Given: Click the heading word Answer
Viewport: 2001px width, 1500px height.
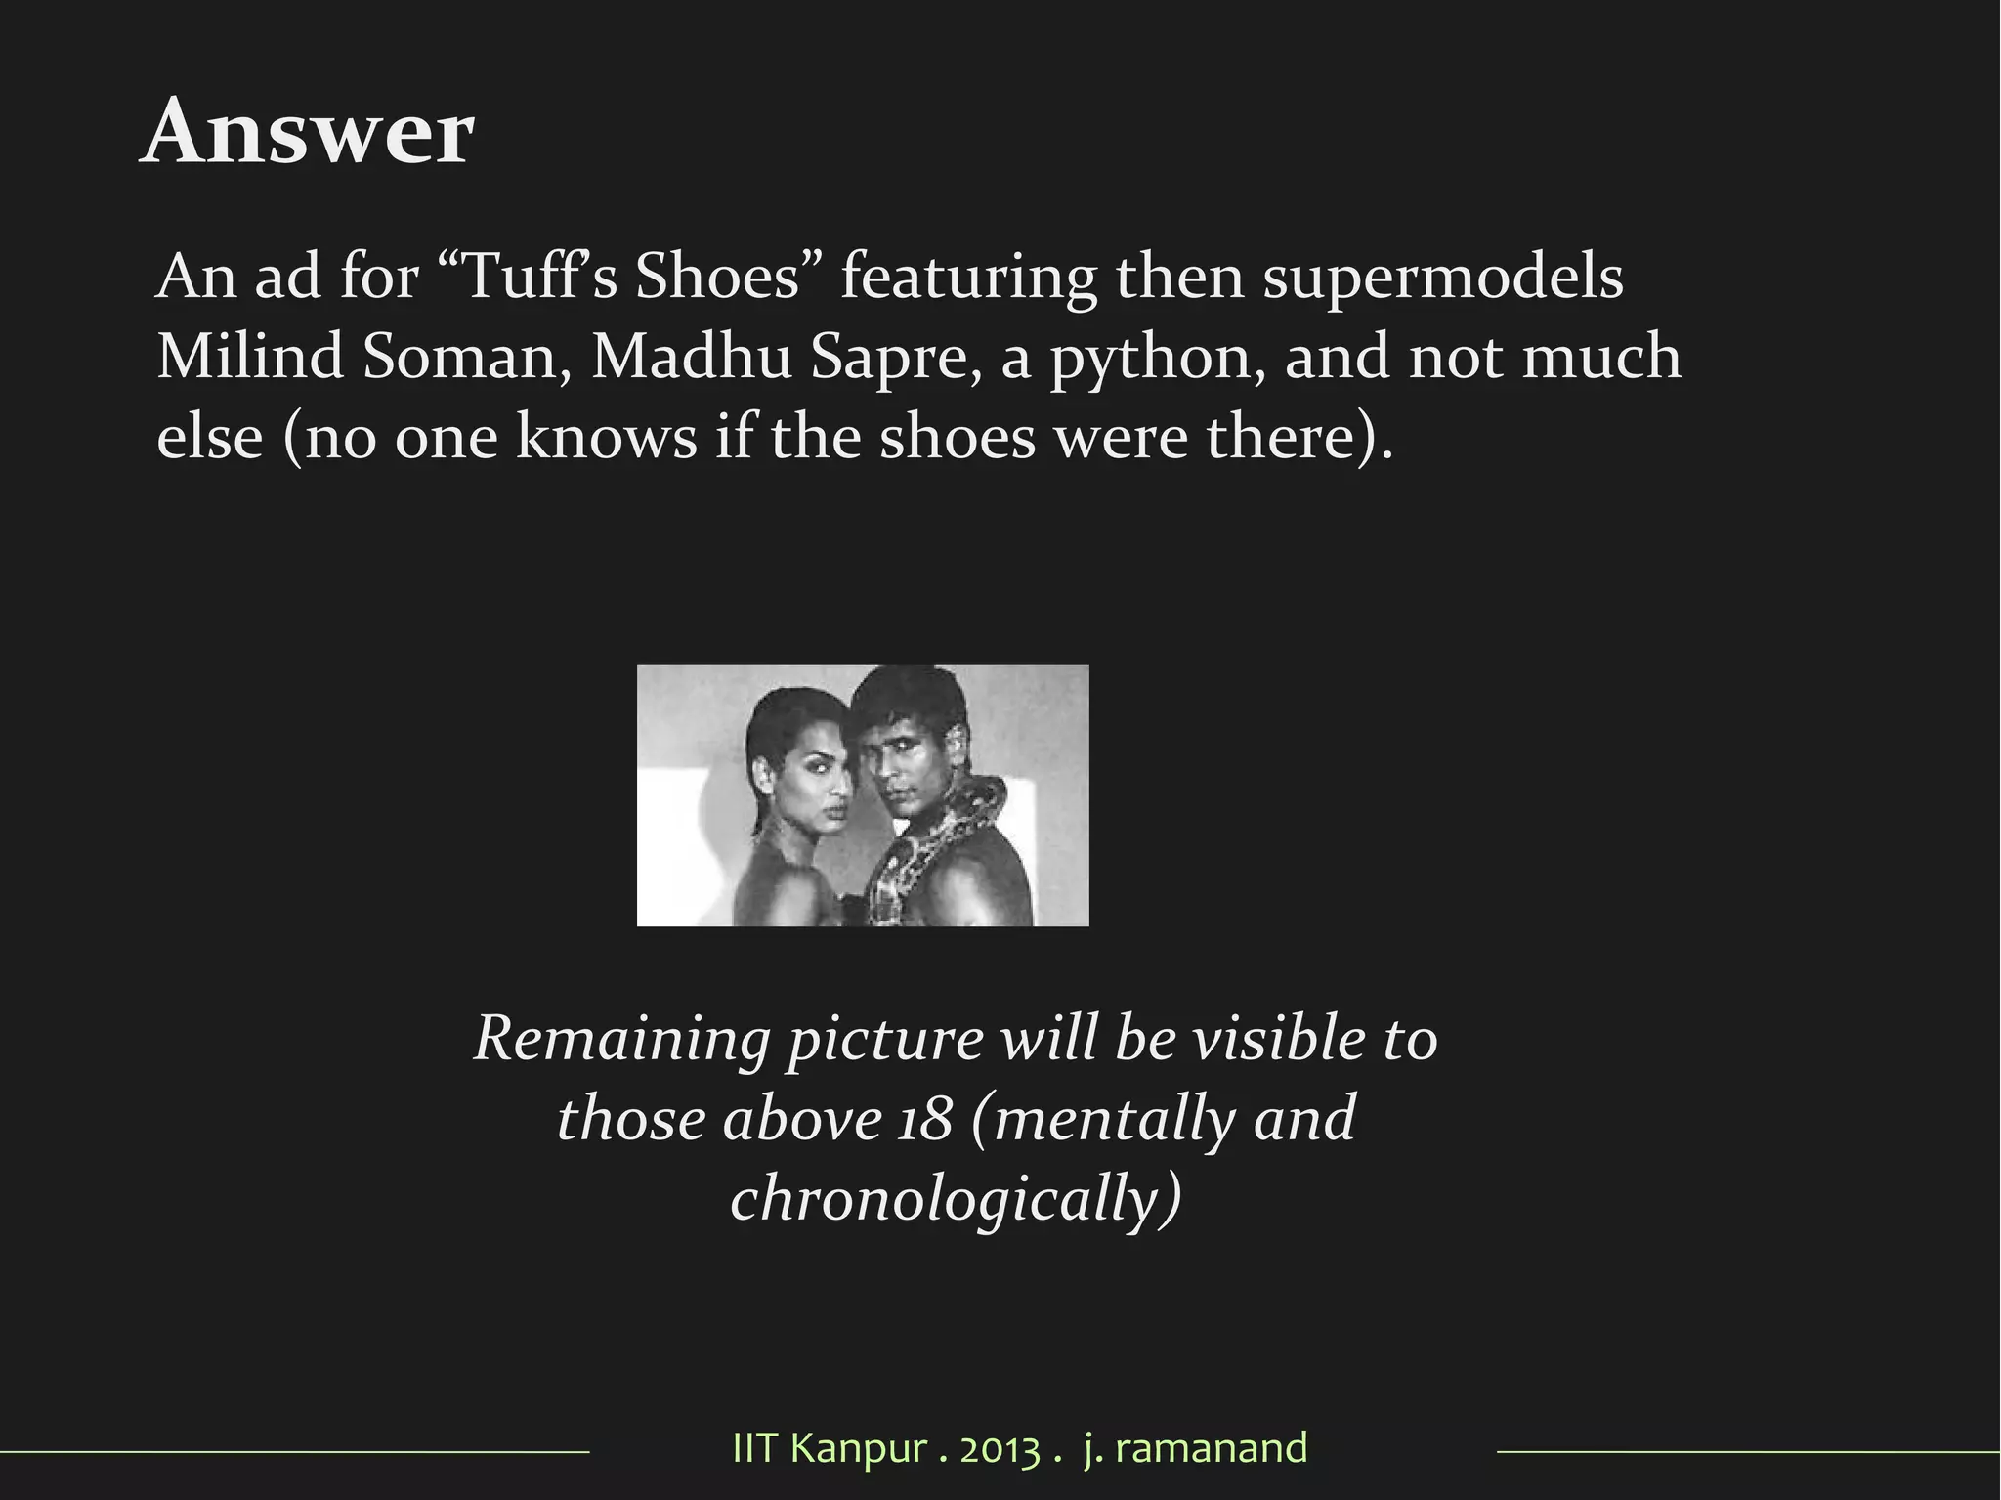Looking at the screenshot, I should click(x=308, y=133).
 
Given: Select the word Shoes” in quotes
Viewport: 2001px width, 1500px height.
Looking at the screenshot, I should click(x=733, y=277).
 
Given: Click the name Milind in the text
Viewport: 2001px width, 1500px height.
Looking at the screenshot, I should click(x=250, y=357).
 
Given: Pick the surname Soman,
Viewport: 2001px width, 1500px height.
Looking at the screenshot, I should click(x=467, y=357).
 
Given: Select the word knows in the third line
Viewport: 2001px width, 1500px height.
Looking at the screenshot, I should click(x=606, y=437).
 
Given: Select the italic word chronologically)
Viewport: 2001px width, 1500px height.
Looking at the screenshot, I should click(x=956, y=1199).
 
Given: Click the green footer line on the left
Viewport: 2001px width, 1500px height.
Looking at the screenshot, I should click(x=293, y=1453).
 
